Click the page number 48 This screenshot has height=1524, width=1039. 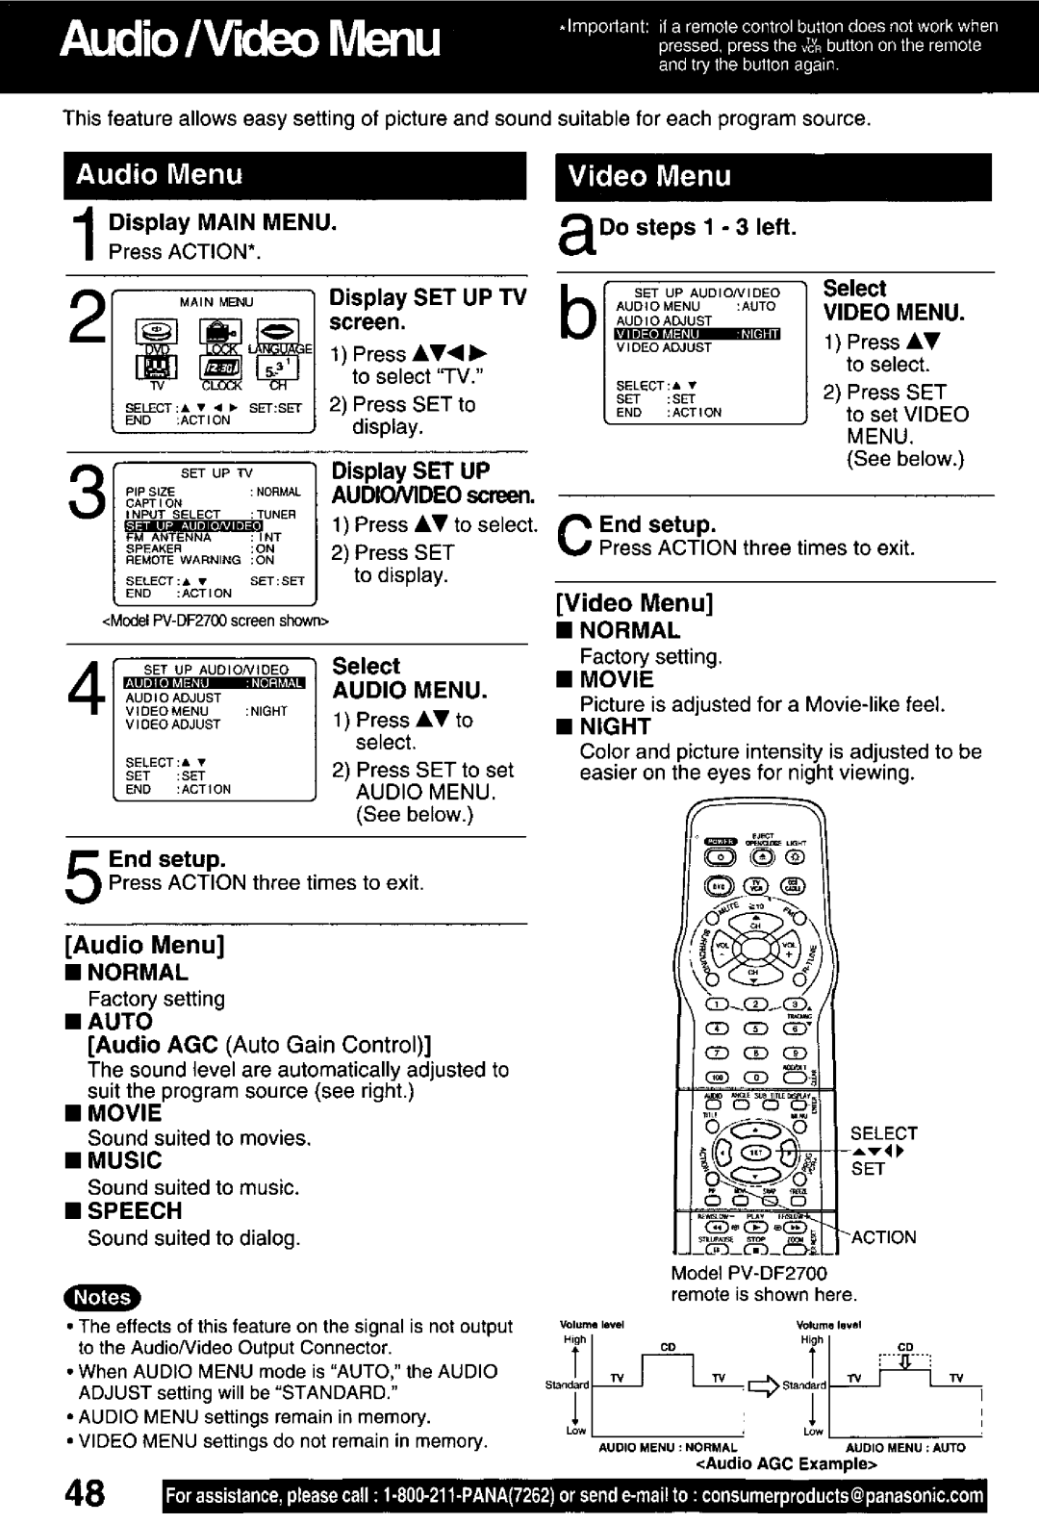tap(87, 1495)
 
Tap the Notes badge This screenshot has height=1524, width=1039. tap(102, 1297)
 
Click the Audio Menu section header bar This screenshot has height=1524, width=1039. tap(294, 175)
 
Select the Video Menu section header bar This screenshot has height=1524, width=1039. tap(773, 176)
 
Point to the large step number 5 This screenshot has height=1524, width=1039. tap(84, 872)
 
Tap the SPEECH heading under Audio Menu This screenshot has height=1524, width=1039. tap(135, 1211)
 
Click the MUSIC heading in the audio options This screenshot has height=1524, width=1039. tap(125, 1161)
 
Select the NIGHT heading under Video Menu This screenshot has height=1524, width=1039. tap(615, 727)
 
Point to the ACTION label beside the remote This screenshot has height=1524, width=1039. tap(883, 1237)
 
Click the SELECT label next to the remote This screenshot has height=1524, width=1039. tap(883, 1133)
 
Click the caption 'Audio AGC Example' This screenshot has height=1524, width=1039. tap(788, 1464)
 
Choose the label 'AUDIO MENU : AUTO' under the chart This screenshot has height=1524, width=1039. tap(905, 1447)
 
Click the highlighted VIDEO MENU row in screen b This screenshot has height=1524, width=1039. tap(697, 334)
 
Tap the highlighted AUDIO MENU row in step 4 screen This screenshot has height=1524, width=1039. tap(214, 684)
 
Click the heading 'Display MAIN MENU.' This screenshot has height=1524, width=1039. tap(222, 223)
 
